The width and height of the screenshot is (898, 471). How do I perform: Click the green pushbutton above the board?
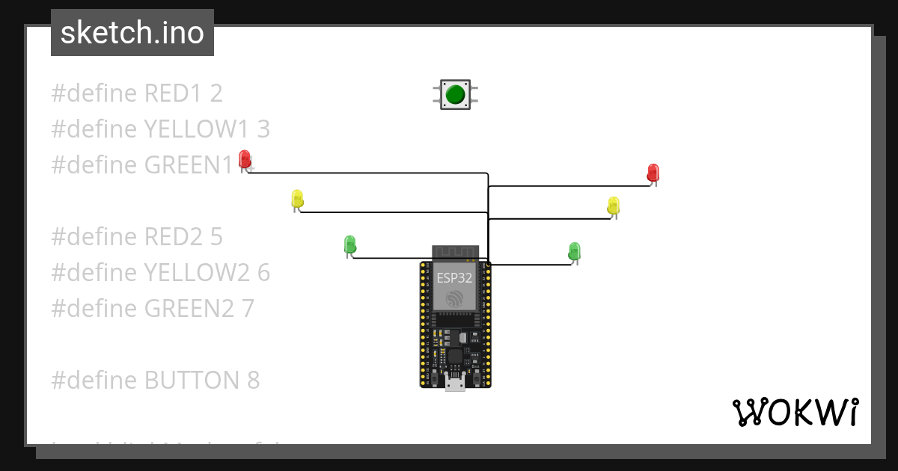coord(455,95)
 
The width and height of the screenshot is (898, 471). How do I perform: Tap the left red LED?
coord(245,159)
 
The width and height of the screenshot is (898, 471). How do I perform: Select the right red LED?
coord(653,173)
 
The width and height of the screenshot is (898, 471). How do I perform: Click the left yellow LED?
coord(297,200)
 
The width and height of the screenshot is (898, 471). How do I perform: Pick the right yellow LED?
coord(614,206)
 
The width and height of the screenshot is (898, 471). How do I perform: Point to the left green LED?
coord(349,244)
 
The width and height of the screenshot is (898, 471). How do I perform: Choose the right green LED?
coord(574,250)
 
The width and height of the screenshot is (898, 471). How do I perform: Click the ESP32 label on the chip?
coord(455,278)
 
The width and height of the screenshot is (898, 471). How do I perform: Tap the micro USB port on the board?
coord(455,384)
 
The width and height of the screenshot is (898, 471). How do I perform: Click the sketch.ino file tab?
coord(132,33)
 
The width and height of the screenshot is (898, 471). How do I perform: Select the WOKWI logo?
coord(795,412)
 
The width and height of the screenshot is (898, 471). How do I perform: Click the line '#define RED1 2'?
coord(137,93)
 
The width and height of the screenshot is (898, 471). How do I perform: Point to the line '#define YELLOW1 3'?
coord(160,129)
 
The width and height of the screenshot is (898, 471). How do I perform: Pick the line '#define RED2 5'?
coord(137,237)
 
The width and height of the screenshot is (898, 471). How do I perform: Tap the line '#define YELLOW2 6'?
coord(160,273)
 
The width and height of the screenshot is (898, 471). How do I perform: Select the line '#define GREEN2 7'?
coord(153,308)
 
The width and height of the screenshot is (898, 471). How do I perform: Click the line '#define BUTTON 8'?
coord(155,381)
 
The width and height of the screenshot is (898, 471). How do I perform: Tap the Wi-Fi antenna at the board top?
coord(455,252)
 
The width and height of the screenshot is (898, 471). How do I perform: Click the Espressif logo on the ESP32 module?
coord(455,299)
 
